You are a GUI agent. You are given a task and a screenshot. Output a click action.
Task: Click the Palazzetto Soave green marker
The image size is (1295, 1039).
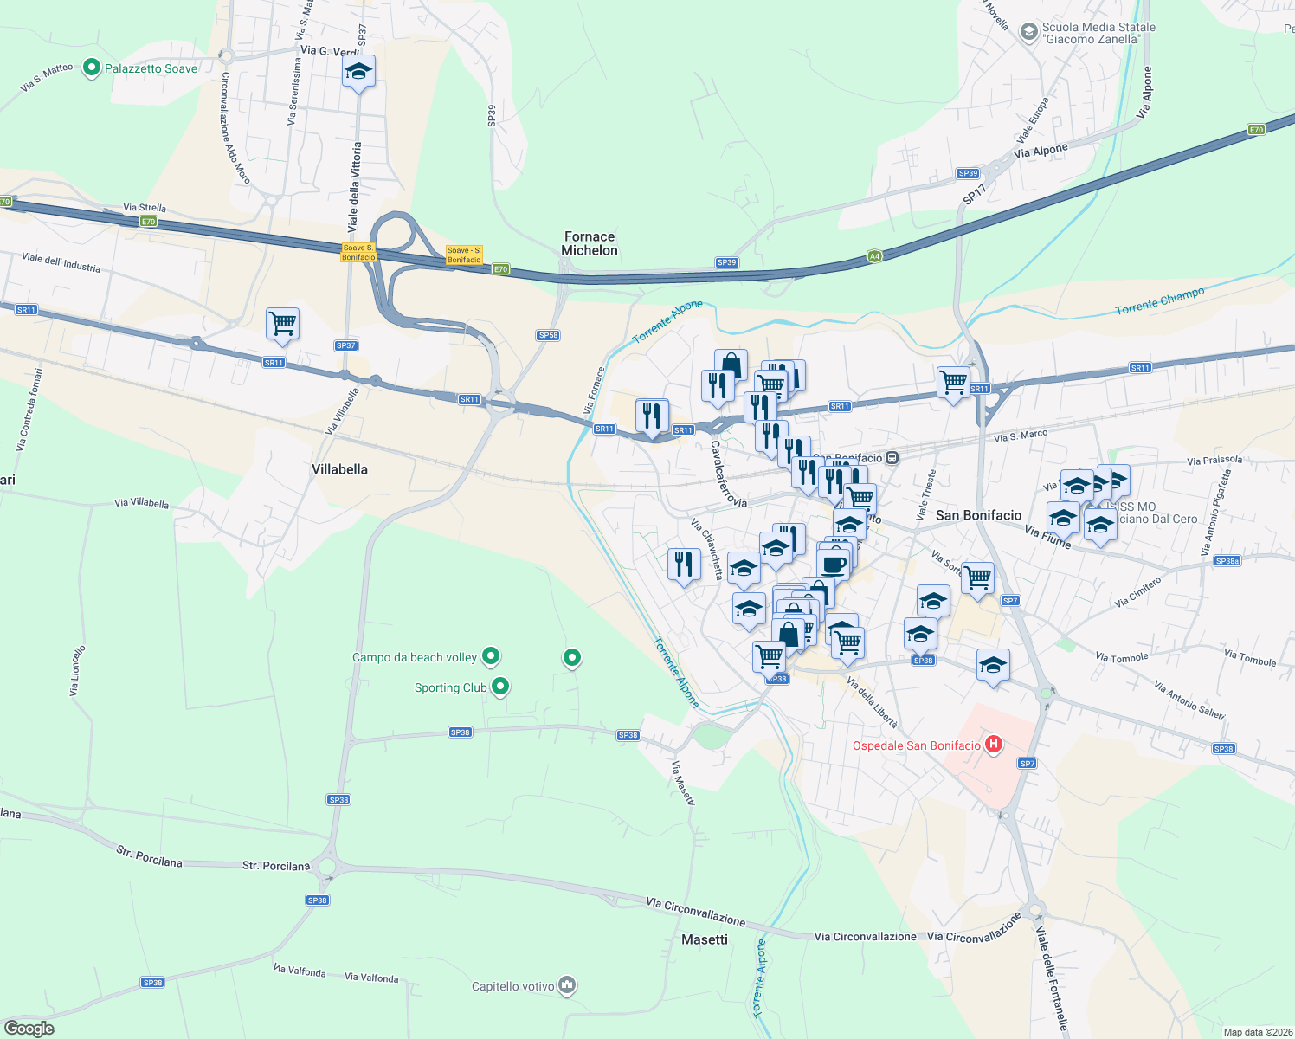click(x=91, y=68)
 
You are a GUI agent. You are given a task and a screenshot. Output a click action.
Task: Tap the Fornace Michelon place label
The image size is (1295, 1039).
click(x=590, y=243)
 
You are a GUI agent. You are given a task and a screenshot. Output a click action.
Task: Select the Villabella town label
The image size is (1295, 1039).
click(x=339, y=469)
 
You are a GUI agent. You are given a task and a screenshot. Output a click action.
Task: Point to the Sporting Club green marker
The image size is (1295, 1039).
click(x=499, y=687)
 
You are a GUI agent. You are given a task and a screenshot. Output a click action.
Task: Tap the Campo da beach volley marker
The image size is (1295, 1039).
click(x=491, y=657)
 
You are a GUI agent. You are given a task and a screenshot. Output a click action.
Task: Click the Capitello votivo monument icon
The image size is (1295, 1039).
click(x=567, y=985)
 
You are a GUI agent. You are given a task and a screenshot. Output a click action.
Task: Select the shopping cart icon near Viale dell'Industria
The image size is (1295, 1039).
click(x=282, y=324)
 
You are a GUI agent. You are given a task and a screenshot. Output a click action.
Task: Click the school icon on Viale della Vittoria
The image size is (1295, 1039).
click(x=358, y=72)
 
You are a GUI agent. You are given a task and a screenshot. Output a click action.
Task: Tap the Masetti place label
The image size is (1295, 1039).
click(x=705, y=939)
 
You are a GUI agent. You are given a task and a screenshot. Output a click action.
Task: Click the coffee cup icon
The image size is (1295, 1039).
click(x=833, y=565)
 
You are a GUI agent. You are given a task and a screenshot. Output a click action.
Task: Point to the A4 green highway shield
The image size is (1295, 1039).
click(x=874, y=256)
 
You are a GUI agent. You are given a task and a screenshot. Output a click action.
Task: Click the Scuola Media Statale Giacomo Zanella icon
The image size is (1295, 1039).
click(x=1028, y=32)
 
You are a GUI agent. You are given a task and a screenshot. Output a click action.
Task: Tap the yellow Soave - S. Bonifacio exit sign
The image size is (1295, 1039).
click(x=464, y=255)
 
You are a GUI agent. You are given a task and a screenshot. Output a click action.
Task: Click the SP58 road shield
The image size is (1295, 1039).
click(x=548, y=335)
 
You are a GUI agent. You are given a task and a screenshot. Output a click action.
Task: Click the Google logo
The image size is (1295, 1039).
click(x=29, y=1029)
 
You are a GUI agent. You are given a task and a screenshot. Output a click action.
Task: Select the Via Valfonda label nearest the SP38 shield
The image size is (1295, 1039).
click(x=300, y=971)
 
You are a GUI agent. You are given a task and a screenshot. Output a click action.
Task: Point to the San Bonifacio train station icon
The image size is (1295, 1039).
click(x=892, y=457)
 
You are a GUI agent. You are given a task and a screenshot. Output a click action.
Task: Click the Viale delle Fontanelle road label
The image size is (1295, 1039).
click(x=1053, y=978)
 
